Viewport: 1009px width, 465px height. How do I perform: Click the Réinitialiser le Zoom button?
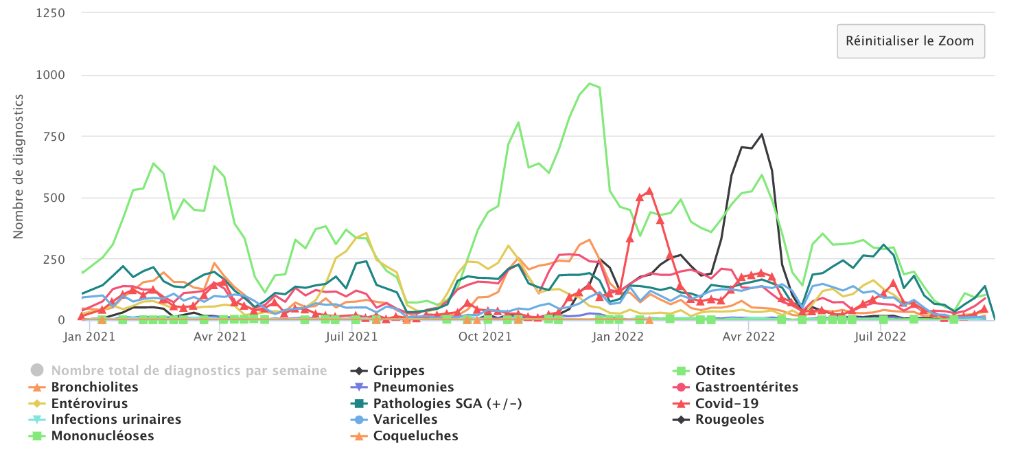(910, 41)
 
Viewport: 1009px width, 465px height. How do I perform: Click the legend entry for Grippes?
(399, 371)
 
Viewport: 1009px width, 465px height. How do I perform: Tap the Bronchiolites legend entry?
(95, 387)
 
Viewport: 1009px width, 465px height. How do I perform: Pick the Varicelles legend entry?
(405, 420)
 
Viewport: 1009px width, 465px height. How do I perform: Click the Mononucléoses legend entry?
(102, 436)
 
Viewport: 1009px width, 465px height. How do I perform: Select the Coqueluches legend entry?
(415, 436)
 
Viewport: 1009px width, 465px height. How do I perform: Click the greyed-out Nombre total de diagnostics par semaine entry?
(189, 371)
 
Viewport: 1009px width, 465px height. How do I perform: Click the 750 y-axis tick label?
(54, 137)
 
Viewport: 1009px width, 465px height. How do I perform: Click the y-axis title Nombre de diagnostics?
(19, 166)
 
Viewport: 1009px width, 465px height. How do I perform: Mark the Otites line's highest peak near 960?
(590, 84)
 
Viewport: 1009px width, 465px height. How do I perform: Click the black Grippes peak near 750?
(762, 135)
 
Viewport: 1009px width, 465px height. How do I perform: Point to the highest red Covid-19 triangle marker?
(649, 192)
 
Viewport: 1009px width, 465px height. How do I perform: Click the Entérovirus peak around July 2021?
(367, 234)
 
